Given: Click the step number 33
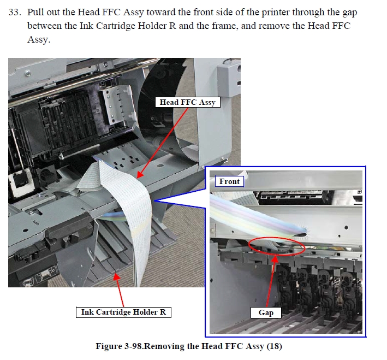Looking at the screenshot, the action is (15, 12).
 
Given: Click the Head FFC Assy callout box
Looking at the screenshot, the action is (188, 102).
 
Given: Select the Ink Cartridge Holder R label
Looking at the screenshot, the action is (123, 312).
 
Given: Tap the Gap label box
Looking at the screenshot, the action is (266, 312).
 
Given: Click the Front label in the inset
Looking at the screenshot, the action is (229, 181).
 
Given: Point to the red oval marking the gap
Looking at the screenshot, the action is (276, 238).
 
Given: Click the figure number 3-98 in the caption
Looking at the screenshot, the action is (133, 346).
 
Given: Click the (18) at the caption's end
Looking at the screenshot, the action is (274, 346).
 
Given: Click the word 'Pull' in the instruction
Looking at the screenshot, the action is (35, 12).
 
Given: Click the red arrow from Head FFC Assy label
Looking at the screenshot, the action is (162, 143).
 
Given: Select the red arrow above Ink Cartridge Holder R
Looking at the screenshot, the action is (118, 290).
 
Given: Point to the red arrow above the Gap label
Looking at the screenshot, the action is (271, 281).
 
